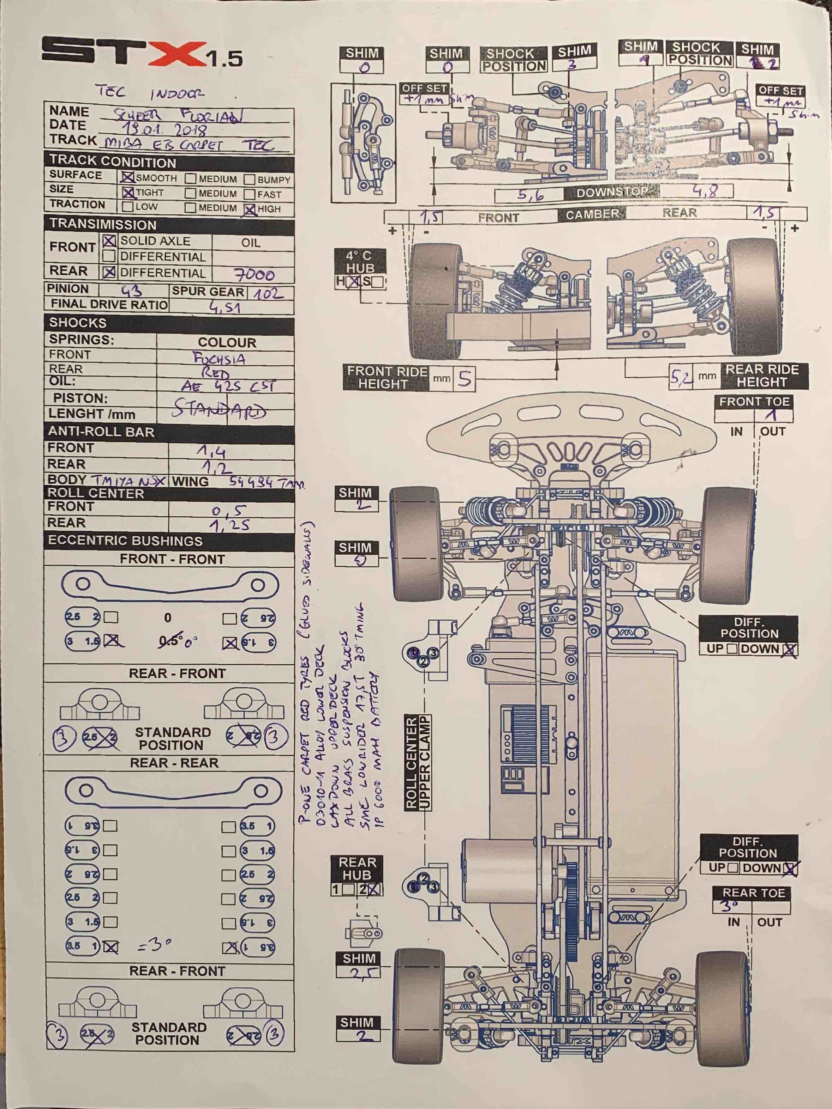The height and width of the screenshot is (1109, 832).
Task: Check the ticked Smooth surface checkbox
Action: click(127, 177)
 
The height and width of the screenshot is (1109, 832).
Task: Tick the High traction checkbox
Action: click(250, 209)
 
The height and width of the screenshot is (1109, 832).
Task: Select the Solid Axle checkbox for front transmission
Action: click(109, 241)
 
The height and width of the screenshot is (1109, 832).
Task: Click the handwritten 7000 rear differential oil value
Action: click(254, 274)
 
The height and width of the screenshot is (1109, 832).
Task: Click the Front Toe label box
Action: click(754, 402)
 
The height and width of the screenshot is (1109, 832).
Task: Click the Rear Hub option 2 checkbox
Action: click(375, 889)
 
